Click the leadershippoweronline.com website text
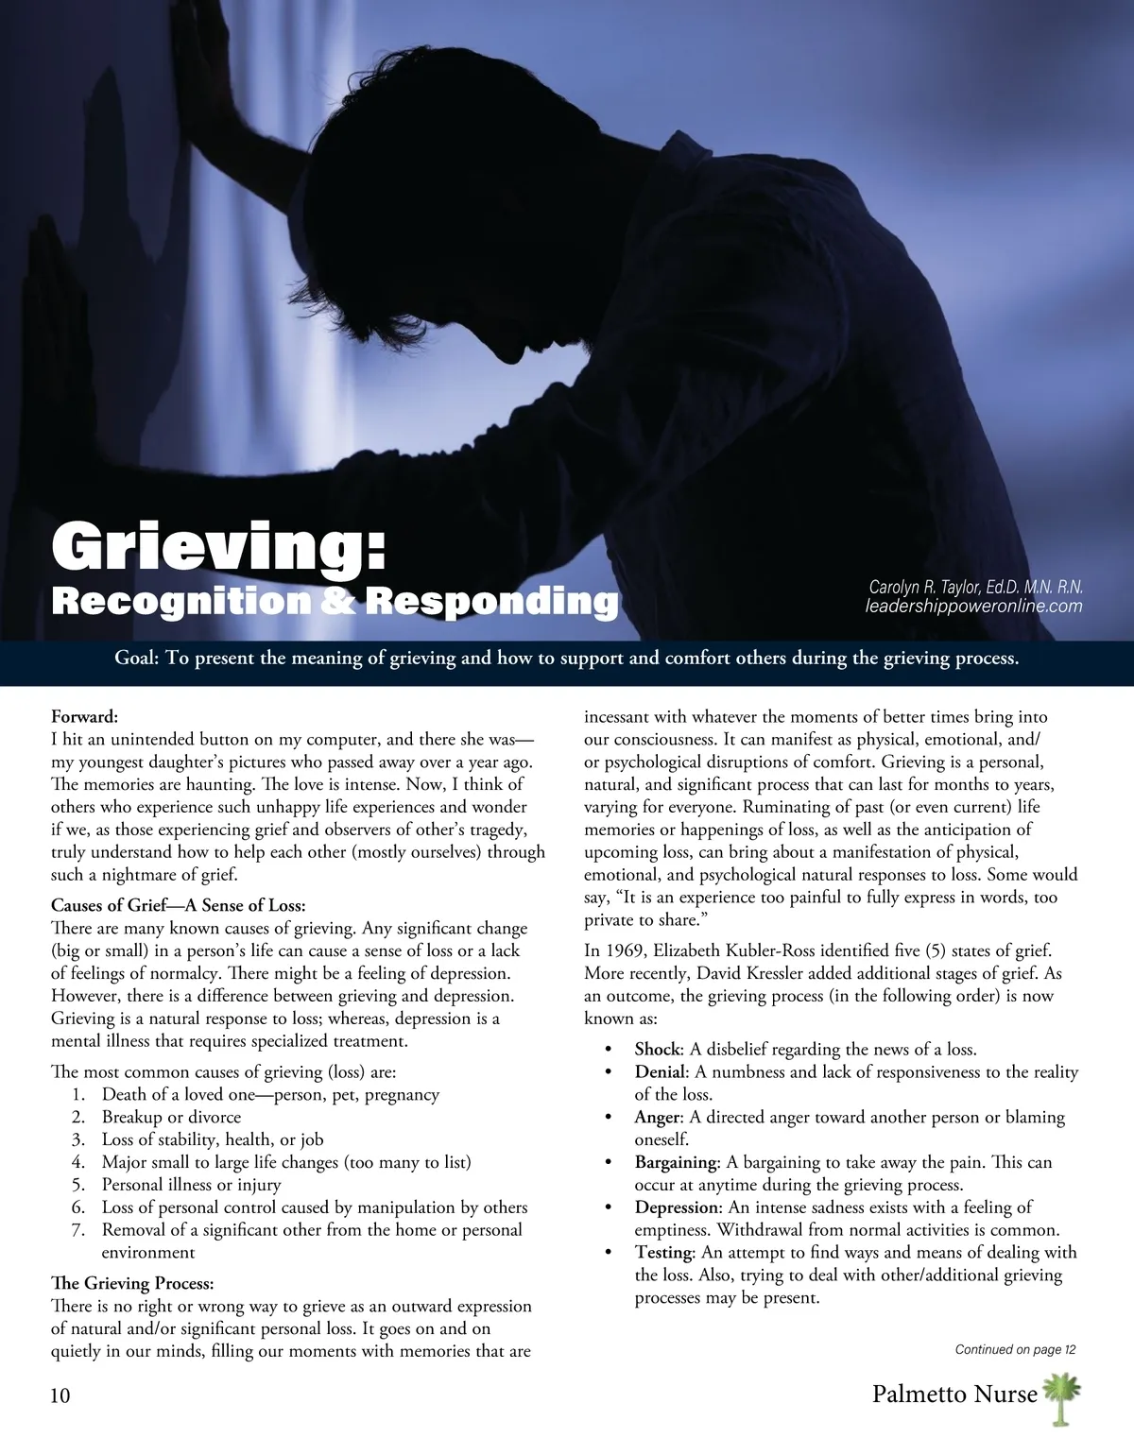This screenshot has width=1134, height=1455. click(x=973, y=607)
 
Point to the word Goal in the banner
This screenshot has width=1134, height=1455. click(x=136, y=658)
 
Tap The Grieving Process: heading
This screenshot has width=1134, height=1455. click(x=132, y=1283)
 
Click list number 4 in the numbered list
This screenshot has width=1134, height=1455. click(x=78, y=1162)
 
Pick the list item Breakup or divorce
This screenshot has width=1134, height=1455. click(x=171, y=1117)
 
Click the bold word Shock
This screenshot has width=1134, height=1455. click(x=657, y=1050)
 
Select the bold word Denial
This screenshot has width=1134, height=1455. click(x=659, y=1072)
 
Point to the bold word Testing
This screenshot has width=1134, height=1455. click(x=664, y=1253)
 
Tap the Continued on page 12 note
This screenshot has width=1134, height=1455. click(x=1015, y=1349)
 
